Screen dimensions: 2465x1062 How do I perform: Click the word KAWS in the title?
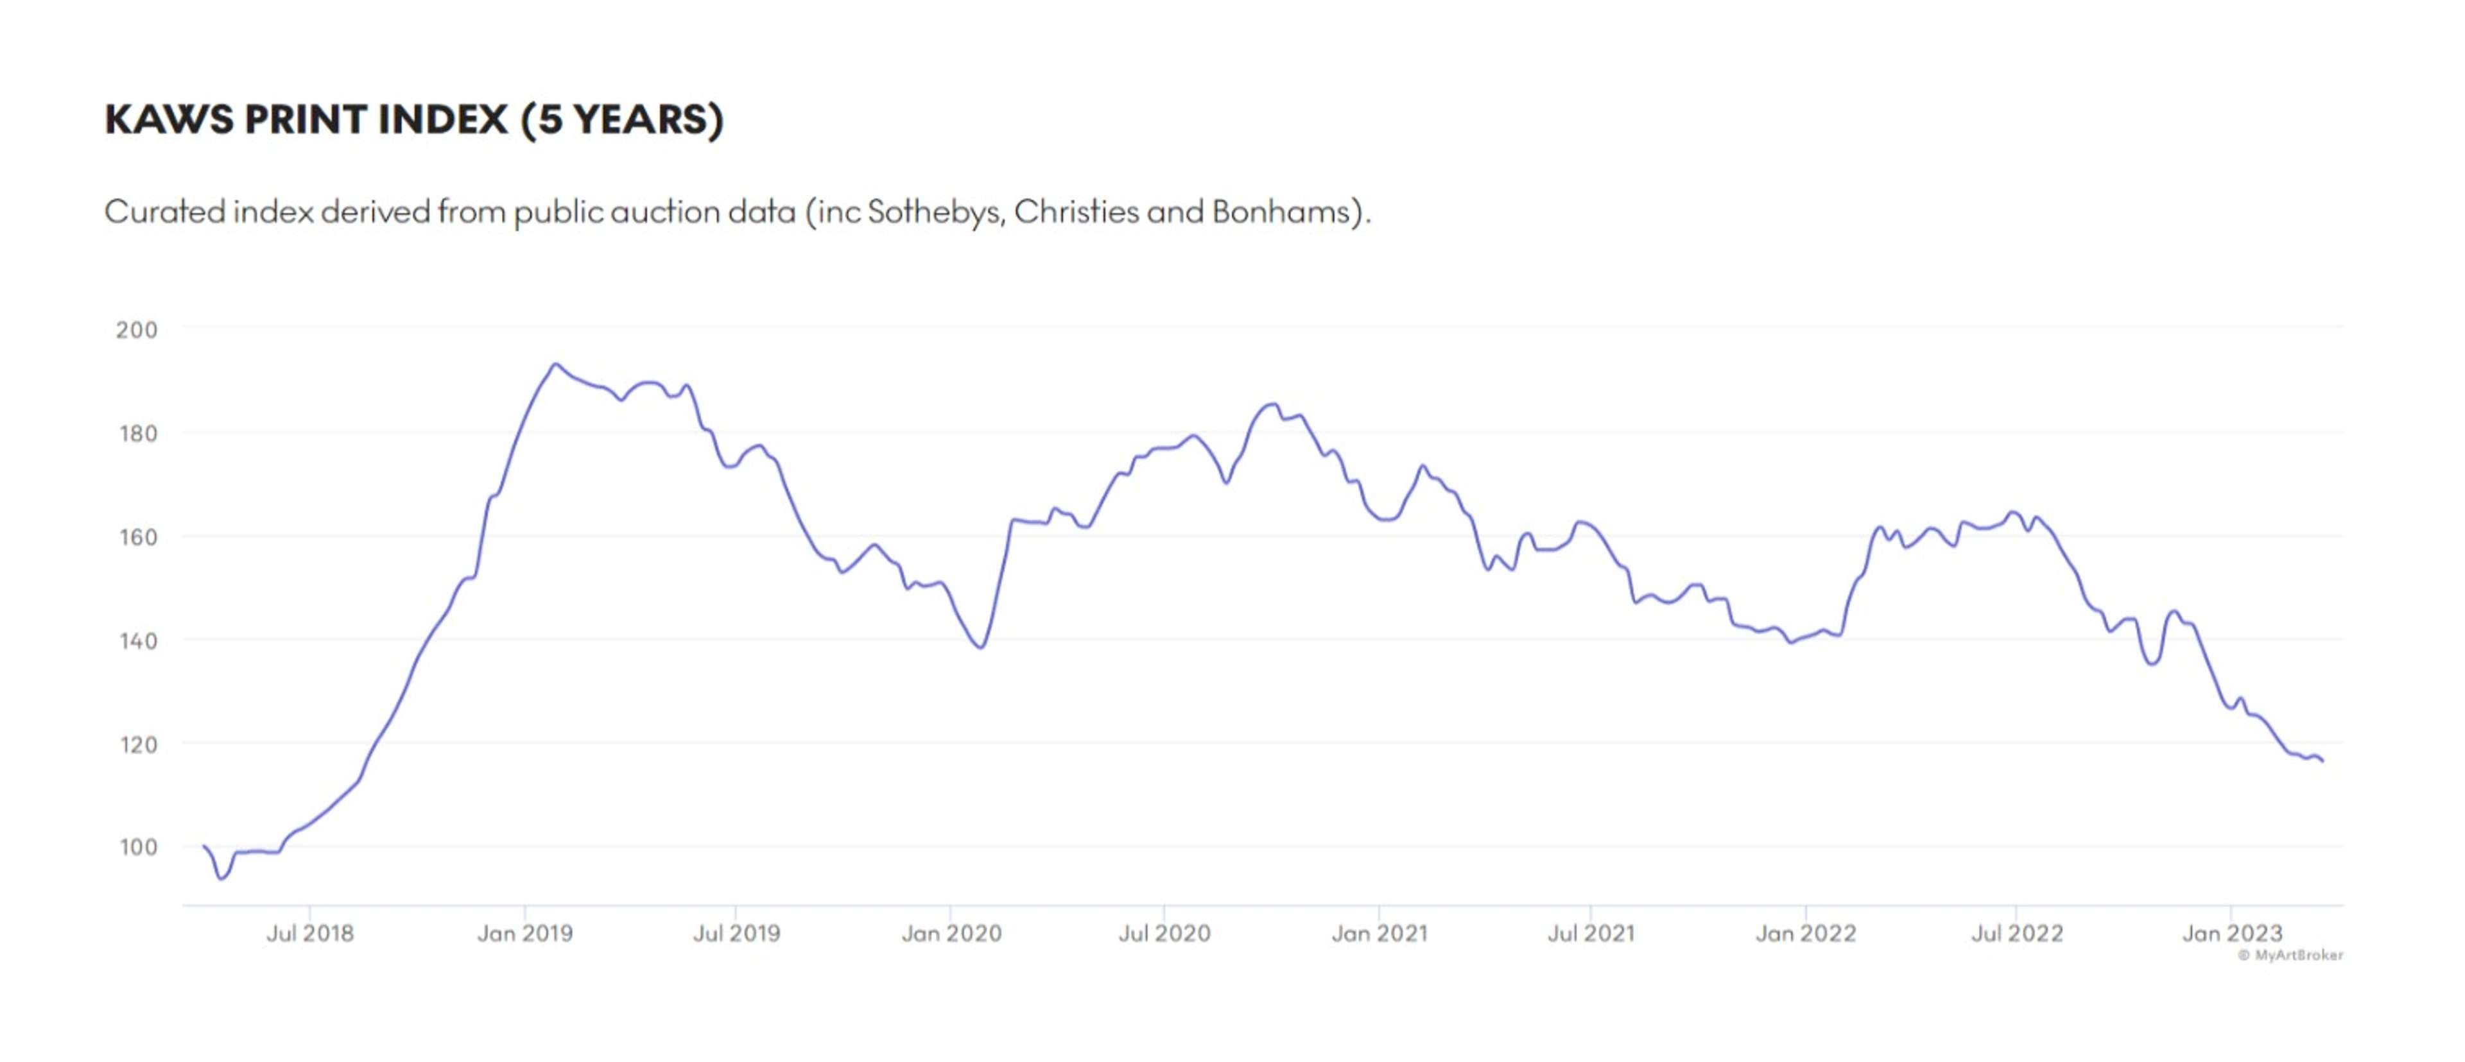[x=168, y=119]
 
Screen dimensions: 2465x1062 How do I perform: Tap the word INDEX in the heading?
[x=442, y=119]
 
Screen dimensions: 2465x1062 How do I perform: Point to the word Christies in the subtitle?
[x=1076, y=212]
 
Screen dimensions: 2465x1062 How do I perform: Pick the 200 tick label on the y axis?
[x=137, y=330]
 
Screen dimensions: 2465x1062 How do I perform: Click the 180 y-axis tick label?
[x=137, y=433]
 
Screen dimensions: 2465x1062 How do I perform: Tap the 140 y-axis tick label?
[x=137, y=640]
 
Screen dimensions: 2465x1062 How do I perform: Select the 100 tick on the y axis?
[x=137, y=847]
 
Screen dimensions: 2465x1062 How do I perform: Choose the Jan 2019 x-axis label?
[x=524, y=933]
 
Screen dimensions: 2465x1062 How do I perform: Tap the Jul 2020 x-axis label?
[x=1164, y=933]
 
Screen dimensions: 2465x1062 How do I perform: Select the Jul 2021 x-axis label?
[x=1591, y=933]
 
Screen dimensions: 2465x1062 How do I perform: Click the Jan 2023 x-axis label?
[x=2231, y=933]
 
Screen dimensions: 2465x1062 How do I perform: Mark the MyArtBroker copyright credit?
[x=2290, y=955]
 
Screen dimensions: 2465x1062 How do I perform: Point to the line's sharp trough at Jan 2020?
[x=981, y=647]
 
